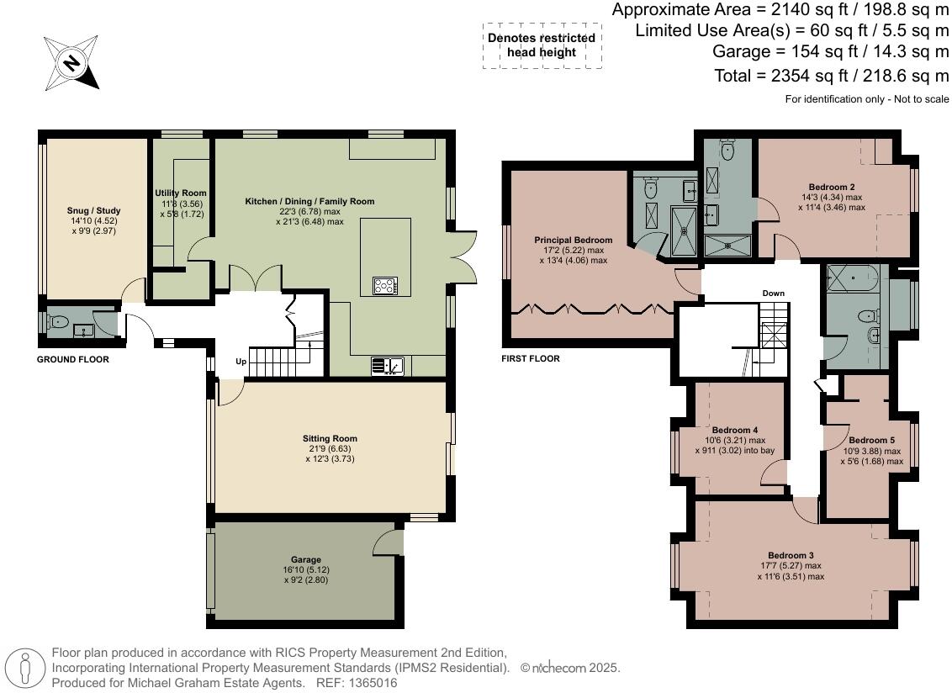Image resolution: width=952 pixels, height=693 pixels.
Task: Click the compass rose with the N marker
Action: coord(71,62)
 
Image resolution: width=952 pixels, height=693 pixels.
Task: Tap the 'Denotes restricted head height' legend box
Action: coord(541,45)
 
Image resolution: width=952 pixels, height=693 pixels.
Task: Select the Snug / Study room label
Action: coord(94,211)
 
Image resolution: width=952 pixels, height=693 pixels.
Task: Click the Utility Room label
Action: coord(181,193)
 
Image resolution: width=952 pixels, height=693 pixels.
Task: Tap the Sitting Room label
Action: coord(330,438)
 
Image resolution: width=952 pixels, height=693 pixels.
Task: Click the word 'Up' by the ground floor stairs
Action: coord(241,362)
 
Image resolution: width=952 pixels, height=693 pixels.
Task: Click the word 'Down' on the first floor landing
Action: coord(773,294)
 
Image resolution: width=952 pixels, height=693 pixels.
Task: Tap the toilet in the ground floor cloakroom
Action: coord(57,321)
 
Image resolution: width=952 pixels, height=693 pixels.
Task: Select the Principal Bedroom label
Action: coord(574,241)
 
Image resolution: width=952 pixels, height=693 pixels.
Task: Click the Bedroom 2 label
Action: coord(832,187)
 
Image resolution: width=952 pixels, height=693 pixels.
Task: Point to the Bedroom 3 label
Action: coord(791,555)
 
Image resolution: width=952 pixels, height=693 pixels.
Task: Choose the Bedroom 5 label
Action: coord(871,440)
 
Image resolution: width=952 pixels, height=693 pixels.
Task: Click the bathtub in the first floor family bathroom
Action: coord(853,276)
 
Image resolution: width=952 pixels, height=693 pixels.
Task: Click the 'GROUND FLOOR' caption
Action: coord(73,359)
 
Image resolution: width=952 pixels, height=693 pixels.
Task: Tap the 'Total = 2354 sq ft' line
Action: coord(831,76)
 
